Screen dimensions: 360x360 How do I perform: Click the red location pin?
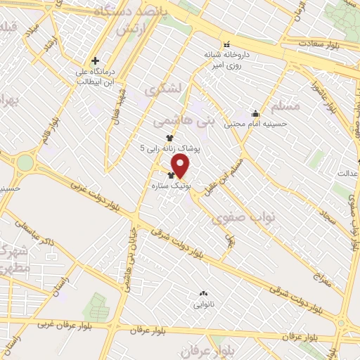pos(181,167)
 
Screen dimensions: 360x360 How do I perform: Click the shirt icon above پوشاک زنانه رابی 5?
pos(169,138)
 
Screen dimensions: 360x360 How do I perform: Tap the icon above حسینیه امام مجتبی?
pos(255,113)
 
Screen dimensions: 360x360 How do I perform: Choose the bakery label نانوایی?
pos(202,305)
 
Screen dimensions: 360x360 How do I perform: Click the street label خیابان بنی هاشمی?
pos(131,243)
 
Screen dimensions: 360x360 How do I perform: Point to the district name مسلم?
pos(284,105)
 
